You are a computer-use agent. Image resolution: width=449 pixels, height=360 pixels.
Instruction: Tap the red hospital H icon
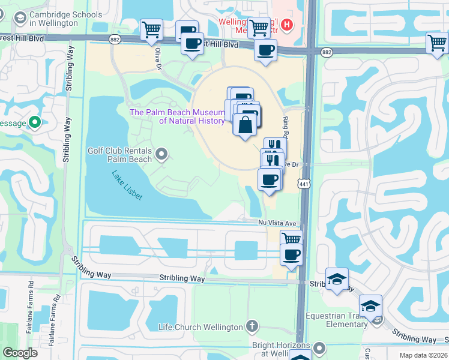(x=288, y=25)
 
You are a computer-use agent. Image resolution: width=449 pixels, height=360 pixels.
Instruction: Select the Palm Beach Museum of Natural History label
(x=178, y=116)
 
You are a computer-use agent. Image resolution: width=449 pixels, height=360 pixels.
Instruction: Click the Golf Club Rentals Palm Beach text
(x=120, y=155)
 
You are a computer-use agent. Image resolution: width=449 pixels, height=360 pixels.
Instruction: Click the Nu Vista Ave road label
(x=274, y=222)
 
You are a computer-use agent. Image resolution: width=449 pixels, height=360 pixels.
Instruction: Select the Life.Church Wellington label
(x=200, y=327)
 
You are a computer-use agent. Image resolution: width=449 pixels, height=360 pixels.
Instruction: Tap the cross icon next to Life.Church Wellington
(x=253, y=327)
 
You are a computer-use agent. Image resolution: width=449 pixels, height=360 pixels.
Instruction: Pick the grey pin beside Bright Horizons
(x=319, y=348)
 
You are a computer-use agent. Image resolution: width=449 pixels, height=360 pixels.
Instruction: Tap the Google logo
(x=20, y=353)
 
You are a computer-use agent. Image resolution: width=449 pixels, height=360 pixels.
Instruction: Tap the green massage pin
(x=35, y=123)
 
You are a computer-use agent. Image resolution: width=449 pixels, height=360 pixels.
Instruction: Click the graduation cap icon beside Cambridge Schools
(x=20, y=19)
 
